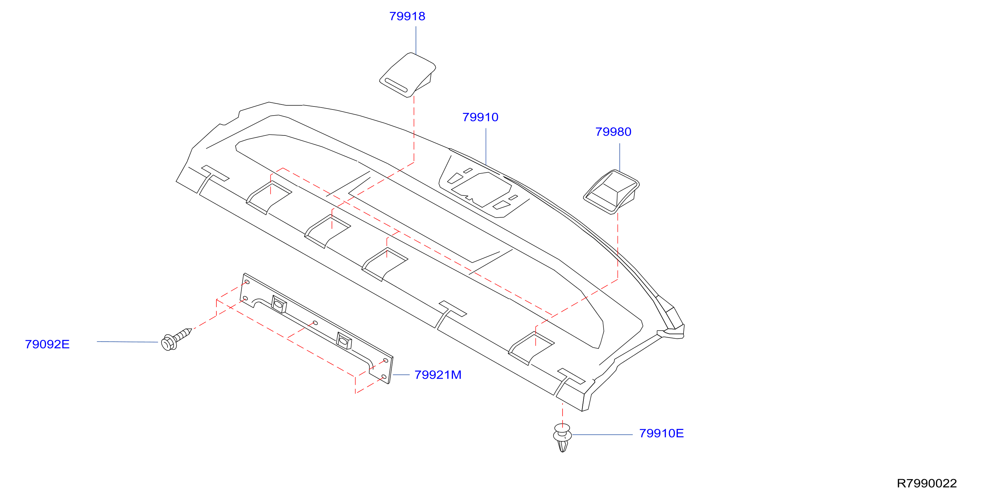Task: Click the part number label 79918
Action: point(407,16)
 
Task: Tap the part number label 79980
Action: point(613,132)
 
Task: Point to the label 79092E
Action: point(47,344)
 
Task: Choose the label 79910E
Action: point(661,433)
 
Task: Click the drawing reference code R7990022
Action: point(927,483)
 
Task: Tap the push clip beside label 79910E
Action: point(563,437)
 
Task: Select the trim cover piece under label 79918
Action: point(408,75)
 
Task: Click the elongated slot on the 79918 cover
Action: point(396,85)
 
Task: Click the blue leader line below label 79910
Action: point(486,147)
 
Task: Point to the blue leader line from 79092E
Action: point(127,342)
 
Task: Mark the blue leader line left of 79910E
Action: point(603,434)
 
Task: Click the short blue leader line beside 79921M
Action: point(401,375)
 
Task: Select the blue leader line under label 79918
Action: point(416,40)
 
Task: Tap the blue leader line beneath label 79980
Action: point(620,157)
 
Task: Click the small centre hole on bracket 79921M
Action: point(315,323)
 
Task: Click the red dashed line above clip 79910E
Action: point(563,413)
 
